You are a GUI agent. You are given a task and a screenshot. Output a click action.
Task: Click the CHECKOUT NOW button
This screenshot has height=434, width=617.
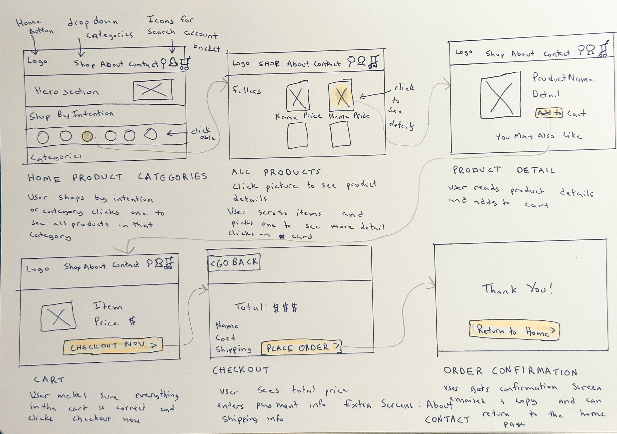[x=113, y=346]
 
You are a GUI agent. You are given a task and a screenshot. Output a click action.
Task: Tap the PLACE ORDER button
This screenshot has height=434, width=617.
[x=301, y=348]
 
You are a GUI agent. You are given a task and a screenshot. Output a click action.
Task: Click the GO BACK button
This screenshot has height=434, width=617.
[x=234, y=262]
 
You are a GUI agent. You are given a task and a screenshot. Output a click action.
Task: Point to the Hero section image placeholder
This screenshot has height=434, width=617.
[x=153, y=90]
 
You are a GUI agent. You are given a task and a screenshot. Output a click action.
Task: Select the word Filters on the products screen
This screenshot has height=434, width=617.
[x=247, y=90]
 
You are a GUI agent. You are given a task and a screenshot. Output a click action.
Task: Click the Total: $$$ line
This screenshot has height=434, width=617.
[x=266, y=307]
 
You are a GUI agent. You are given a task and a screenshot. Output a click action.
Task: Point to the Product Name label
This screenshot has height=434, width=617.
[x=563, y=78]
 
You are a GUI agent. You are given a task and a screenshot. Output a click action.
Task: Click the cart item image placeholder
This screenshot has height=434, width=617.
[x=58, y=316]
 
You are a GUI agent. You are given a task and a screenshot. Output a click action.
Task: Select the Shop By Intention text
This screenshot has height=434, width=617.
[x=72, y=115]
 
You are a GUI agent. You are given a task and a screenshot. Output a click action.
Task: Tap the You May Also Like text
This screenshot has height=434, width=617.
[x=538, y=136]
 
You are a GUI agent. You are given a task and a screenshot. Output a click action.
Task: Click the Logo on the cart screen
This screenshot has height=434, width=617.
[x=38, y=269]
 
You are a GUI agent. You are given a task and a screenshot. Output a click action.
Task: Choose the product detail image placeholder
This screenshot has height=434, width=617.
[x=500, y=95]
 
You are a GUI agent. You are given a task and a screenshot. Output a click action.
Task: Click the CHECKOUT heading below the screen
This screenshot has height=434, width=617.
[x=241, y=370]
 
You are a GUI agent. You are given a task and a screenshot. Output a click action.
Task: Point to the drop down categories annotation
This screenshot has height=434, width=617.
[x=99, y=28]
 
